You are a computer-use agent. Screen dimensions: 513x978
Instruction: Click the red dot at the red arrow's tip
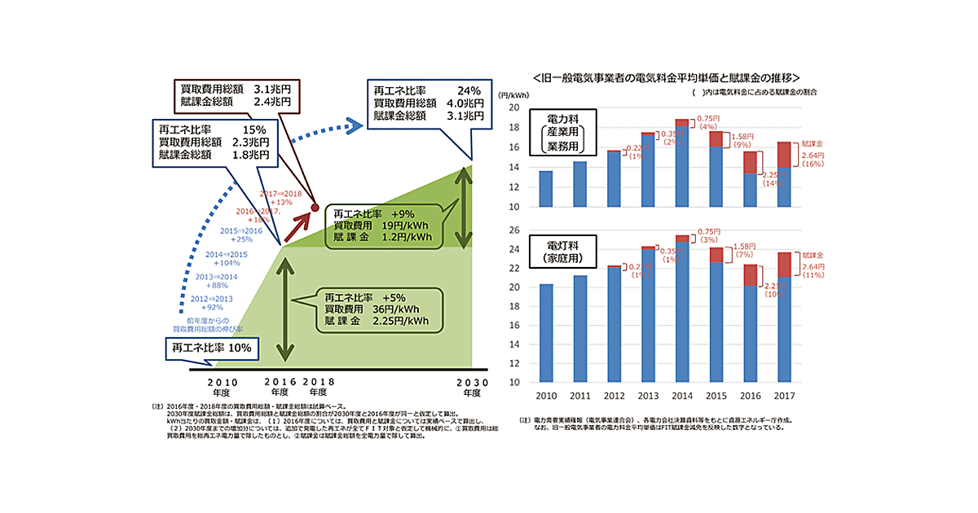tap(315, 209)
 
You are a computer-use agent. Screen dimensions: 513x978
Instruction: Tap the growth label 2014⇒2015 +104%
tap(226, 259)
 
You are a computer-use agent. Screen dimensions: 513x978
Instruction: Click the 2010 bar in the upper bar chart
tap(545, 189)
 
